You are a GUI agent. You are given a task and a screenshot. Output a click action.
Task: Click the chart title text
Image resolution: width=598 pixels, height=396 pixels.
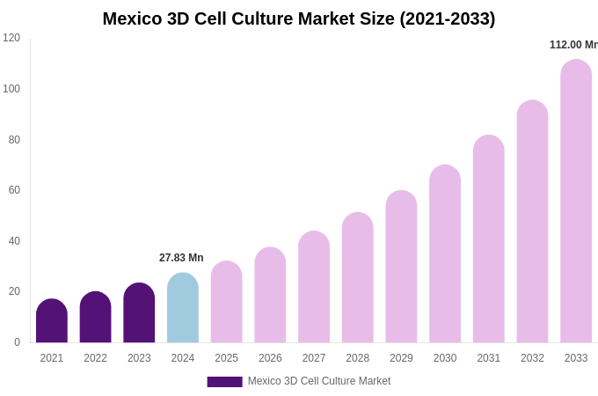click(x=299, y=18)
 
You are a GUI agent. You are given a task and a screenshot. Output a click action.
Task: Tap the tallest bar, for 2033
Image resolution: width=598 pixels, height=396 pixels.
click(x=576, y=202)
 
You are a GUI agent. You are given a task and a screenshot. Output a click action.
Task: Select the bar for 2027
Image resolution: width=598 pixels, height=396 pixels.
click(x=314, y=288)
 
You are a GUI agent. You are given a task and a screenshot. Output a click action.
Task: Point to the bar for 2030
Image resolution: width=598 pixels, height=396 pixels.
click(x=445, y=255)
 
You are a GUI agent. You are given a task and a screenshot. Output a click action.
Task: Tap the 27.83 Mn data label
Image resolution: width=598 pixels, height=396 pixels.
click(x=181, y=258)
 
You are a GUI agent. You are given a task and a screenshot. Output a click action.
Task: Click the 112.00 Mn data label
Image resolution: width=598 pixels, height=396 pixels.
click(x=573, y=45)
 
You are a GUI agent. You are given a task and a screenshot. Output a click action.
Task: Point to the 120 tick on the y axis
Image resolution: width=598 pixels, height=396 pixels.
click(x=11, y=38)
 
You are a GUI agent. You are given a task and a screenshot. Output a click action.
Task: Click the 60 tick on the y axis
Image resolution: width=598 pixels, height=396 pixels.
click(x=14, y=190)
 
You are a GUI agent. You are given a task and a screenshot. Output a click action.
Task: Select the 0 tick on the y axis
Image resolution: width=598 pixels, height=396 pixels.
click(x=17, y=342)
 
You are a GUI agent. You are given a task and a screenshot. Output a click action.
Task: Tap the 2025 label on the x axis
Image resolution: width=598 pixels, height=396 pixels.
click(x=226, y=358)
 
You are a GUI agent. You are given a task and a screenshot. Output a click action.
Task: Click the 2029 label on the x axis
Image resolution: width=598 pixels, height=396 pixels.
click(x=401, y=358)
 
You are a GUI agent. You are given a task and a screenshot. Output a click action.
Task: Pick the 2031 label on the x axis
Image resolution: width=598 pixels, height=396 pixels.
click(x=489, y=358)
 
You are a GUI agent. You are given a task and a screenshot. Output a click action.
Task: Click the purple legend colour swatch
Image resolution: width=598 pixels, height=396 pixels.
click(x=224, y=382)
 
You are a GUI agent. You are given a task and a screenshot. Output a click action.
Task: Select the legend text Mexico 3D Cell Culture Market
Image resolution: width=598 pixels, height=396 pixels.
click(x=319, y=381)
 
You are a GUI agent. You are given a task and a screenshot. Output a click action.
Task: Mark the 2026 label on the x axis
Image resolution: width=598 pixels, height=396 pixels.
click(x=270, y=358)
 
